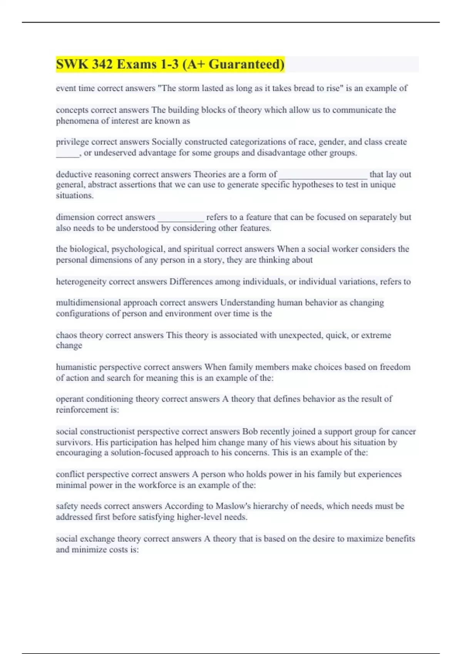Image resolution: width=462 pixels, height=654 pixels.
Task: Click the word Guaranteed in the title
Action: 246,64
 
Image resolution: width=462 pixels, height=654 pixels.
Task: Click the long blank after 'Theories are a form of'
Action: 323,175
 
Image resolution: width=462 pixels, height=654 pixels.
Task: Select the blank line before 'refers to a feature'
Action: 181,218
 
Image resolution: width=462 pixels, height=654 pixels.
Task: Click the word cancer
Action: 404,432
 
